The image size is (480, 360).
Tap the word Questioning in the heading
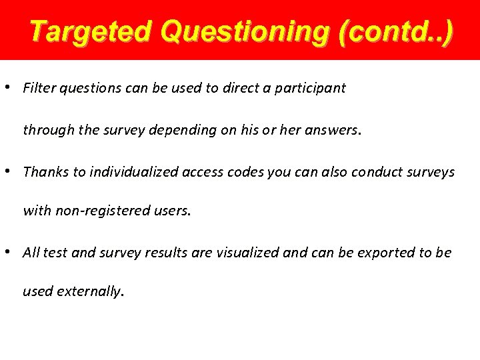pos(246,31)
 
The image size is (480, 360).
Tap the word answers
pos(332,130)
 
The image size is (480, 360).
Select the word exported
pos(383,253)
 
